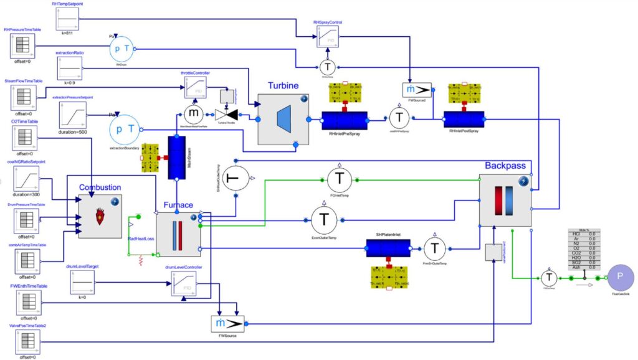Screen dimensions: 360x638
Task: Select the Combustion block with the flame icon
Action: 100,216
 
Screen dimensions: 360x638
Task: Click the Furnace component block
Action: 178,234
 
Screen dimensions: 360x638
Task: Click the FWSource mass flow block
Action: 227,324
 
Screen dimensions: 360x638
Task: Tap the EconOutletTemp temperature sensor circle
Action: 323,219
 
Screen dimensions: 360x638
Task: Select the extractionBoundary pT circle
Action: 122,130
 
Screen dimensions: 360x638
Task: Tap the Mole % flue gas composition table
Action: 584,249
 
